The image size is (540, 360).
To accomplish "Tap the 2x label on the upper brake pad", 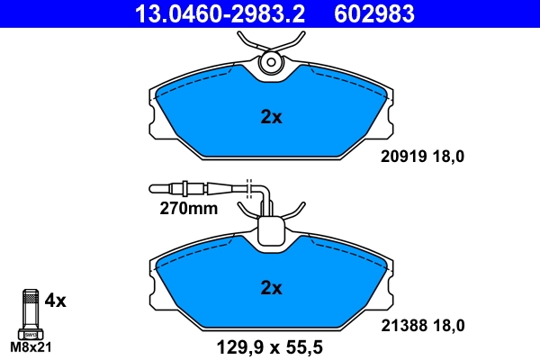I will [271, 116].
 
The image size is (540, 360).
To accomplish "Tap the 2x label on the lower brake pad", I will [271, 289].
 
